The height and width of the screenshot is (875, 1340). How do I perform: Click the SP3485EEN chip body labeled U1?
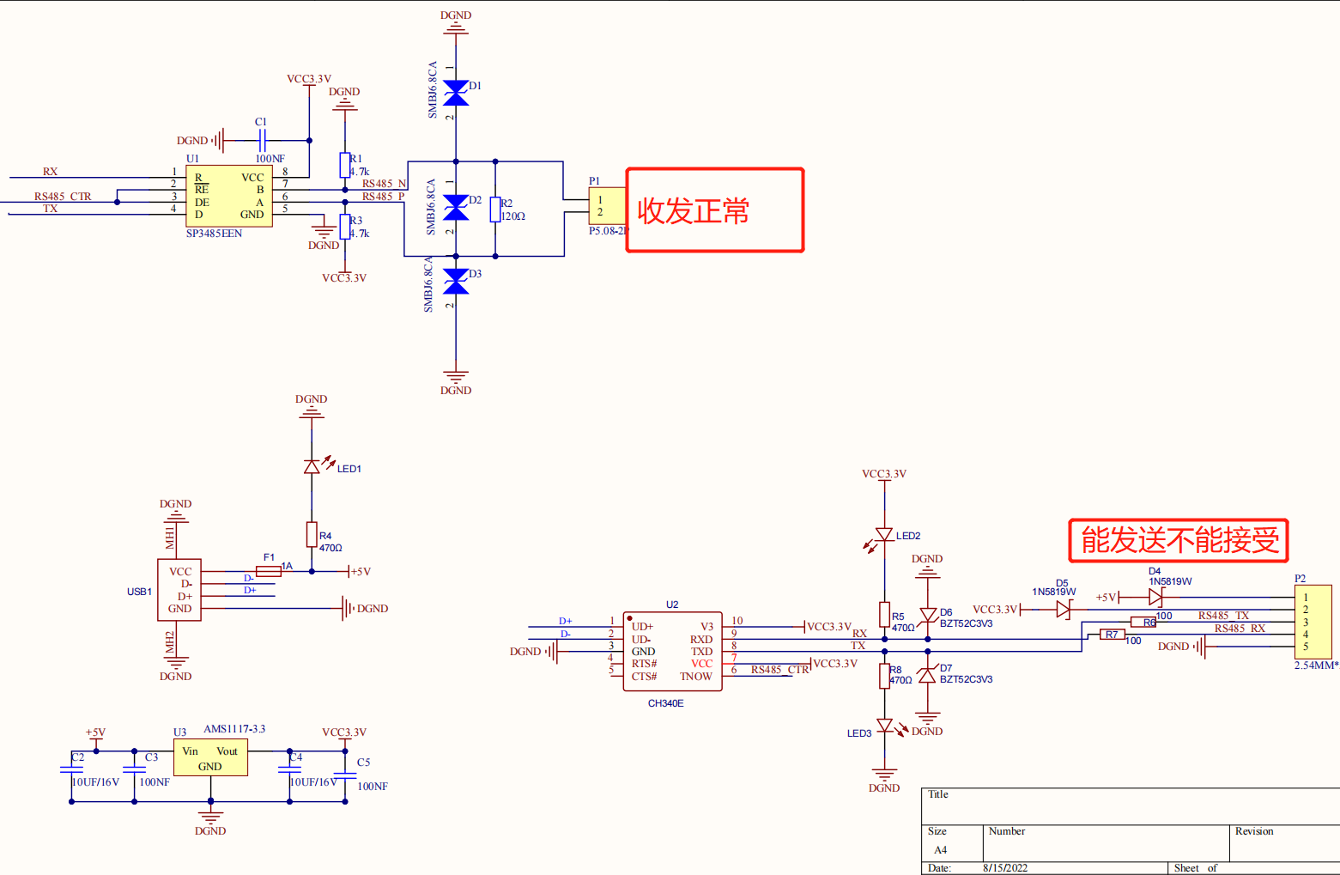tap(228, 196)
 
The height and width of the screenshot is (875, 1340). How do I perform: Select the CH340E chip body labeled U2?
tap(672, 651)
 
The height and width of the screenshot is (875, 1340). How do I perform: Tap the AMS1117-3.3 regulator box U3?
tap(210, 759)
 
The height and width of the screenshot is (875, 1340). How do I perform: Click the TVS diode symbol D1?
tap(456, 93)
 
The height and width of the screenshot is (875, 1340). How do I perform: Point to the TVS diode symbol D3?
tap(456, 281)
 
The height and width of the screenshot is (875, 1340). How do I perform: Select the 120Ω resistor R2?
tap(495, 210)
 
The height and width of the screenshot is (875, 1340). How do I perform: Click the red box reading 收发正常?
tap(714, 210)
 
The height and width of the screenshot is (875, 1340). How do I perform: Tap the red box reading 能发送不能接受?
tap(1179, 540)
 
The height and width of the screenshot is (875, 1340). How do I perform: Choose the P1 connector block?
tap(606, 206)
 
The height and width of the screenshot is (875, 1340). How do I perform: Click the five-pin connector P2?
tap(1313, 622)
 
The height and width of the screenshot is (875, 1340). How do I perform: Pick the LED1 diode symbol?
tap(312, 466)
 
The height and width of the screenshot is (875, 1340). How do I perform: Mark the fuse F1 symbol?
tap(269, 571)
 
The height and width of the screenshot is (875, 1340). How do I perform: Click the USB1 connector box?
tap(179, 590)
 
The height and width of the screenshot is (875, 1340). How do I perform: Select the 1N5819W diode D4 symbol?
tap(1155, 597)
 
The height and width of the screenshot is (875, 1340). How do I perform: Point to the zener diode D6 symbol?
tap(927, 616)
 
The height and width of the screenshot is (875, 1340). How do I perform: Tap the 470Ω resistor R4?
tap(312, 535)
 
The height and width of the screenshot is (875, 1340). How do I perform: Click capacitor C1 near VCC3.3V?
tap(262, 140)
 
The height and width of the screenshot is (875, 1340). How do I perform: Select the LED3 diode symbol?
tap(884, 726)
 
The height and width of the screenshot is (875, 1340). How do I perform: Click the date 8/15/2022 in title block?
tap(1004, 868)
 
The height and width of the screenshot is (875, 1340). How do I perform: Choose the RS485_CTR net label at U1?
tap(63, 197)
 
